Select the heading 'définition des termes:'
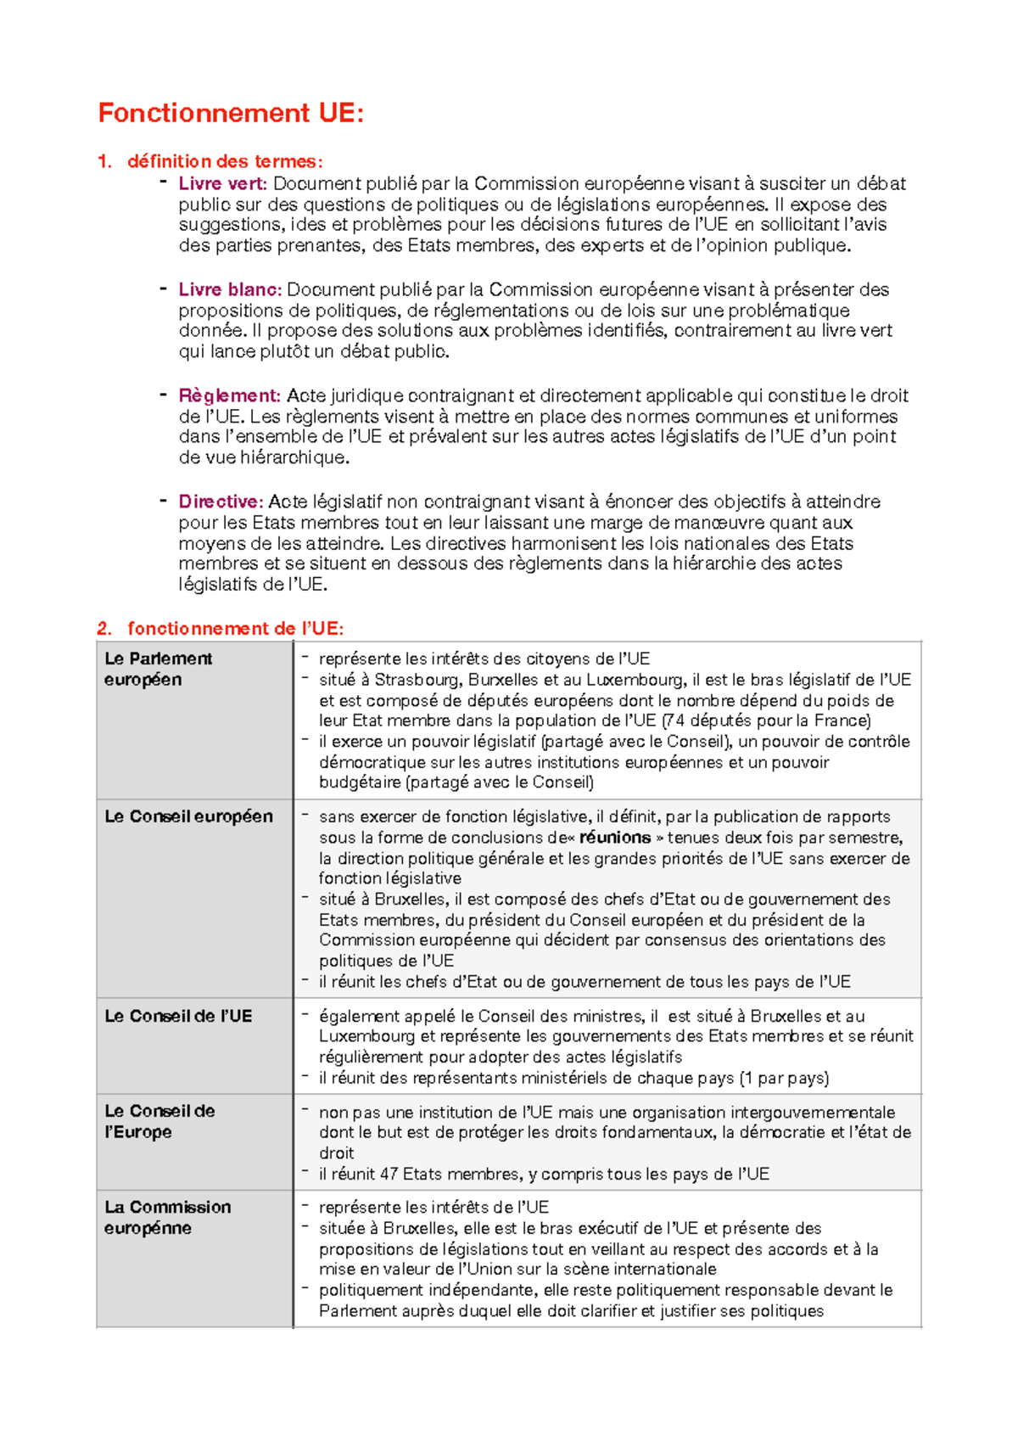click(x=225, y=161)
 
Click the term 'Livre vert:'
click(x=222, y=183)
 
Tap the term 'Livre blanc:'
click(x=230, y=289)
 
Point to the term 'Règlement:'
click(x=229, y=395)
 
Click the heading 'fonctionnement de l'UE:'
click(x=235, y=629)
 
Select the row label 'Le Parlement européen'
click(x=158, y=669)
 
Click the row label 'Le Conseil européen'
click(x=188, y=816)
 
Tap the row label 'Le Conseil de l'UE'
click(x=178, y=1016)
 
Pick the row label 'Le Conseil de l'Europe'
click(x=159, y=1121)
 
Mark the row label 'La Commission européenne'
click(x=167, y=1217)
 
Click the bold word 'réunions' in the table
click(x=615, y=838)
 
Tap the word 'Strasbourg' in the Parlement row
click(x=417, y=680)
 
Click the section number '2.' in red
click(x=104, y=629)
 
